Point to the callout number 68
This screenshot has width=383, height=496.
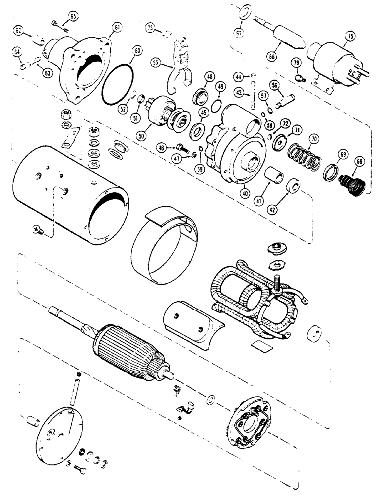(359, 162)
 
